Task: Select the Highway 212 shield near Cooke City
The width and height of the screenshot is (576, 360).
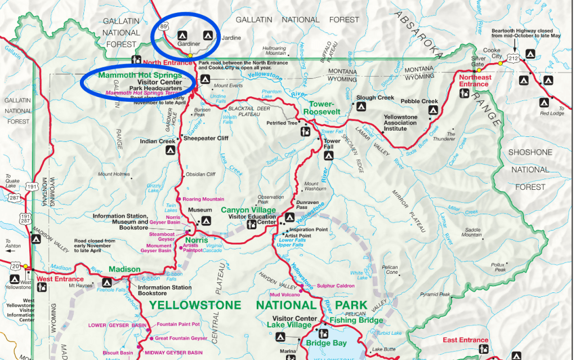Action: pos(512,57)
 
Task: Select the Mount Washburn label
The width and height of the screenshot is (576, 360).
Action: pos(311,187)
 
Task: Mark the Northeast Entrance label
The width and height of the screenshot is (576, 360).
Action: pos(474,81)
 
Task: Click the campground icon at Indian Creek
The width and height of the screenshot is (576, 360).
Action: pos(169,151)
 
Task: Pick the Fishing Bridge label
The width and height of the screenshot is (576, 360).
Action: pos(356,321)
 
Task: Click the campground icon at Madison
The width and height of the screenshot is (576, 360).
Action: pos(106,283)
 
